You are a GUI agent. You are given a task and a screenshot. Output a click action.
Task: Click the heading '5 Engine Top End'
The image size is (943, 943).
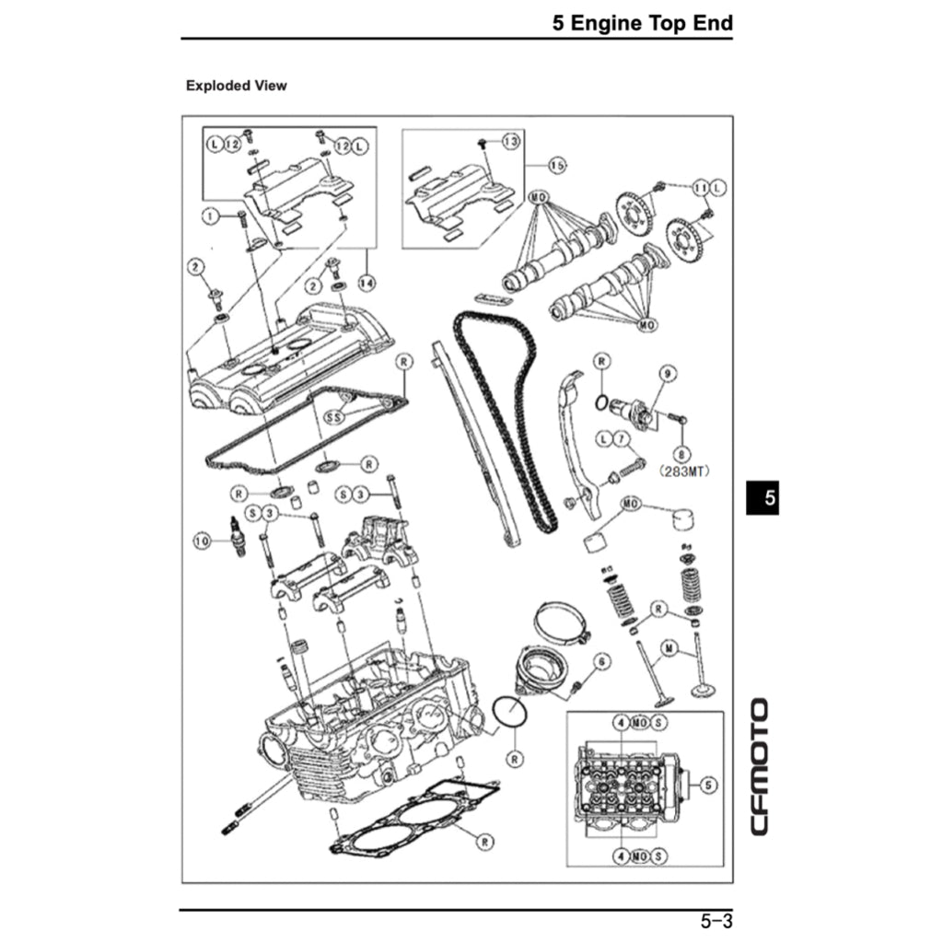click(642, 23)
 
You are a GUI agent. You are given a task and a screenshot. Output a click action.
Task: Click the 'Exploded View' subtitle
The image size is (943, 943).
click(236, 86)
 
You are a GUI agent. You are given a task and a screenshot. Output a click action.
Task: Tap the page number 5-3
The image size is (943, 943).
click(716, 920)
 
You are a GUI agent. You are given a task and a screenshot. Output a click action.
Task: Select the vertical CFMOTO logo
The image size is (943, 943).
click(759, 767)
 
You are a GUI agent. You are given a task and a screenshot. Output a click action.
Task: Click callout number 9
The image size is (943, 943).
click(665, 374)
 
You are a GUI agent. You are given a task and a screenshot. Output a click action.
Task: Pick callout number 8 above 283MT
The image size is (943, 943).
click(681, 453)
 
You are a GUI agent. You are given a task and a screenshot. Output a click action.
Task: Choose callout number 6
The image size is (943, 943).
click(600, 661)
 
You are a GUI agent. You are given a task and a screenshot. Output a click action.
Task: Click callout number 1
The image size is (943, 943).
click(211, 216)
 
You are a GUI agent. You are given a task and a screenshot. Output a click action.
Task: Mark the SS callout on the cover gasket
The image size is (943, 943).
click(334, 417)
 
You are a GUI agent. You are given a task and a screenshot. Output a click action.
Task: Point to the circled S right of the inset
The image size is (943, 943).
click(707, 786)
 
